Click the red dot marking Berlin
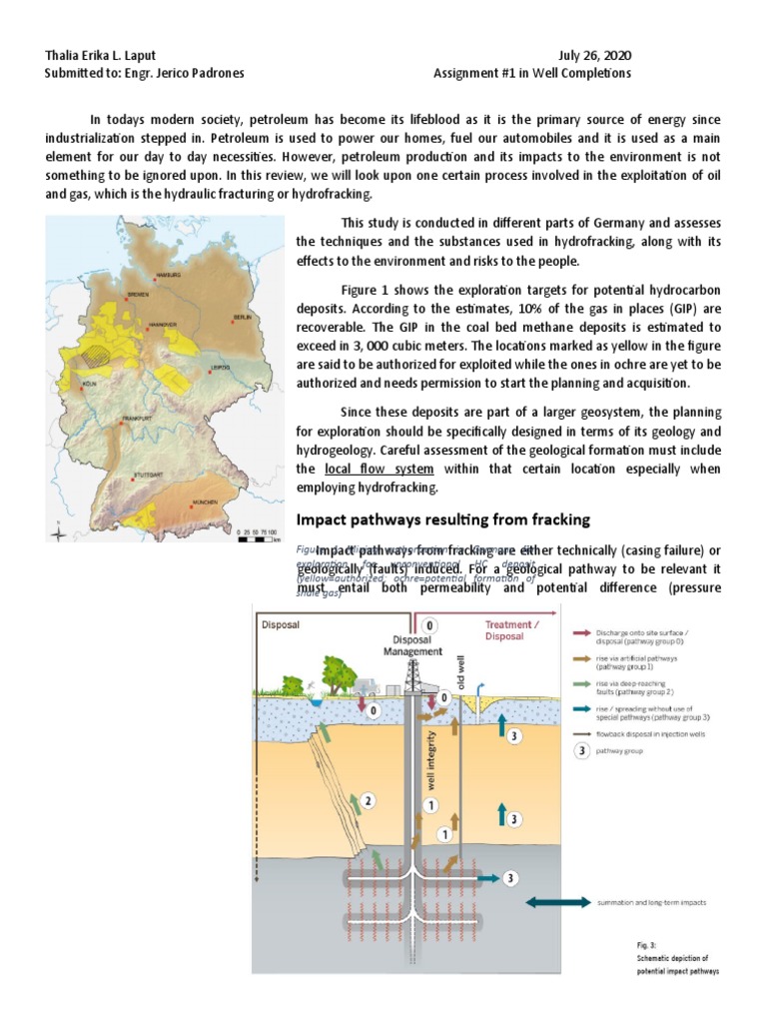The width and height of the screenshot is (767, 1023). point(233,323)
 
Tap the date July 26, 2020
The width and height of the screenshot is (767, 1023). point(597,55)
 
